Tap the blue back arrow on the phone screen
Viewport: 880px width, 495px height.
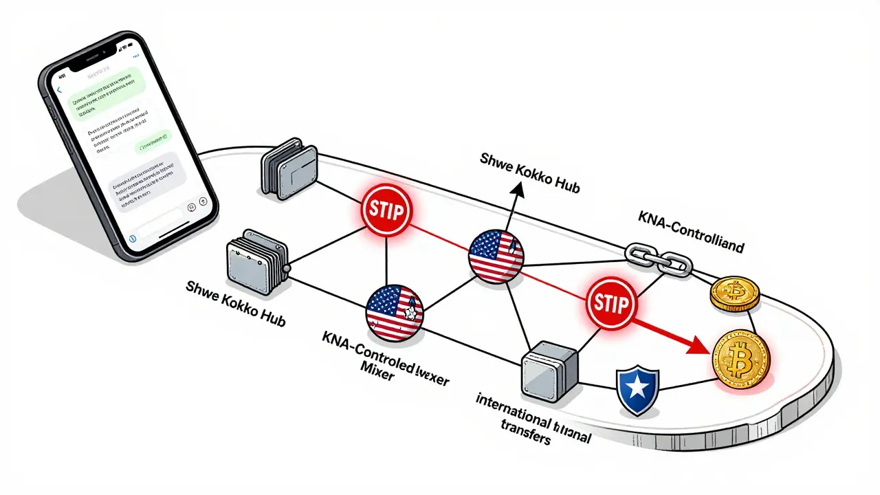(x=59, y=89)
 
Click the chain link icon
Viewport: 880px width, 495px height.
(x=658, y=258)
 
